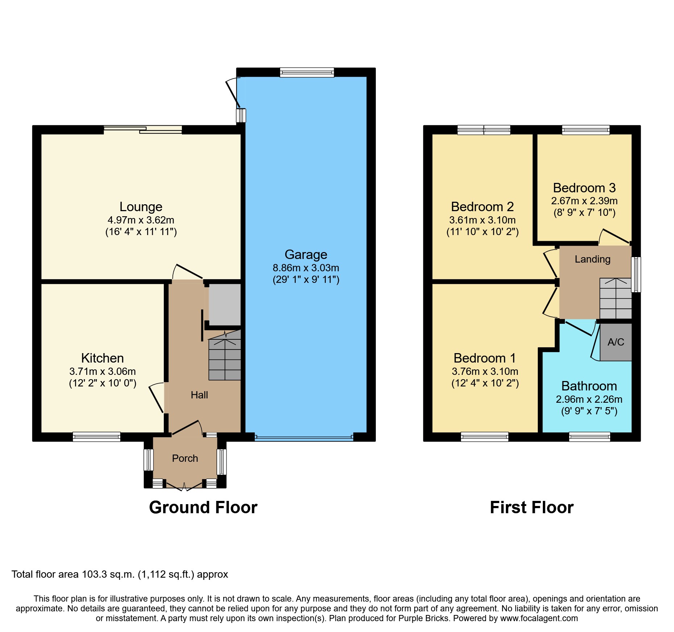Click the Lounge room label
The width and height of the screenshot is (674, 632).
[x=141, y=207]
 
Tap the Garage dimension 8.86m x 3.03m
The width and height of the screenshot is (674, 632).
[x=306, y=268]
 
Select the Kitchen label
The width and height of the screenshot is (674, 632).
[x=103, y=358]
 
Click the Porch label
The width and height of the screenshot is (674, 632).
[x=185, y=459]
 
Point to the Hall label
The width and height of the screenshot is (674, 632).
[x=199, y=395]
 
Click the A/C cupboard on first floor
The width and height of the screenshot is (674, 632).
[x=616, y=342]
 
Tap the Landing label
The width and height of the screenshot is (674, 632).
[x=592, y=259]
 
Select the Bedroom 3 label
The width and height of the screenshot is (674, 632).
[x=584, y=188]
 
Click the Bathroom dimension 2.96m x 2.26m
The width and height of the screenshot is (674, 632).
[x=589, y=399]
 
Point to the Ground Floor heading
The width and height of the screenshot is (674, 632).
[x=203, y=507]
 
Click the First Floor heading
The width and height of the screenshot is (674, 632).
[x=532, y=507]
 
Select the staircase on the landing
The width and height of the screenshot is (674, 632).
[x=615, y=298]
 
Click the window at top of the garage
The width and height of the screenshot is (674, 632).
[x=307, y=72]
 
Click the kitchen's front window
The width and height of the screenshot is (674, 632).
[x=96, y=437]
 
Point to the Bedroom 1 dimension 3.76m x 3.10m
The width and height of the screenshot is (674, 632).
[x=485, y=372]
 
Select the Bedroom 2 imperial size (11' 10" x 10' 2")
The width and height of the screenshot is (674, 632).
[x=482, y=232]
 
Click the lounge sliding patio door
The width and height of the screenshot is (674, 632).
[x=143, y=130]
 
